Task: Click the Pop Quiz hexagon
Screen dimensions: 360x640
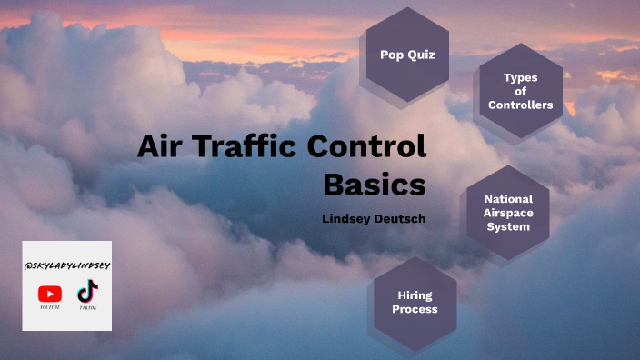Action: tap(407, 55)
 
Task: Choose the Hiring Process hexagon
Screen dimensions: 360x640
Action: tap(415, 303)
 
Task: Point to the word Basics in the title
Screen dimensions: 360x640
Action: tap(375, 184)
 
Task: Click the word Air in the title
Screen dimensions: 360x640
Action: tap(161, 147)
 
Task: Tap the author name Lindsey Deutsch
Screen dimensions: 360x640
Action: tap(374, 219)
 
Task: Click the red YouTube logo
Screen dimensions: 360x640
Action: tap(50, 294)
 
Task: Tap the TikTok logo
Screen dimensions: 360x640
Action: tap(86, 292)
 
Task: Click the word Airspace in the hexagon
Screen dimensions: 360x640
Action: tap(508, 213)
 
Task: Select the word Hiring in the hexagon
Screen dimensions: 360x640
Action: tap(415, 295)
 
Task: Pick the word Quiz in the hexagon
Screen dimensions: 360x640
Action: tap(421, 55)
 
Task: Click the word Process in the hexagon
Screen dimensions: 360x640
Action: tap(415, 310)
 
